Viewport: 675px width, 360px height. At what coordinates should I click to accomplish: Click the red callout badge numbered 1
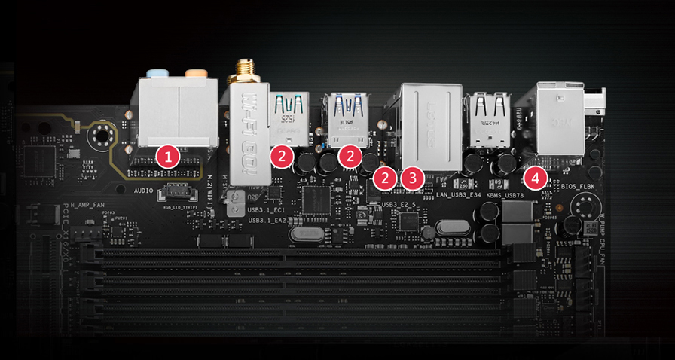click(x=168, y=157)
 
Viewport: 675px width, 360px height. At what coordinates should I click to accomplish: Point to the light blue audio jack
click(x=157, y=73)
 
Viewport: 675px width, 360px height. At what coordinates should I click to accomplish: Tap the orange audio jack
click(x=196, y=74)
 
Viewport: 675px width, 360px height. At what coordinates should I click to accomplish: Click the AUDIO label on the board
click(x=144, y=191)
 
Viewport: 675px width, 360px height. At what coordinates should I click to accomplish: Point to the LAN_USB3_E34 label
click(x=459, y=195)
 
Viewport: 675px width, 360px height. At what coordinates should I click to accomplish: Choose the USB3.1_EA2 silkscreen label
click(x=266, y=221)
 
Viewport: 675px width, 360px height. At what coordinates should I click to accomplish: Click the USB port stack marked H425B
click(x=487, y=117)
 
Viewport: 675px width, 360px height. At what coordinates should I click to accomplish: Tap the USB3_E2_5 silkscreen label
click(x=399, y=204)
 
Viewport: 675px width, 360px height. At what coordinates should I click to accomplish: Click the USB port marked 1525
click(x=292, y=117)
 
